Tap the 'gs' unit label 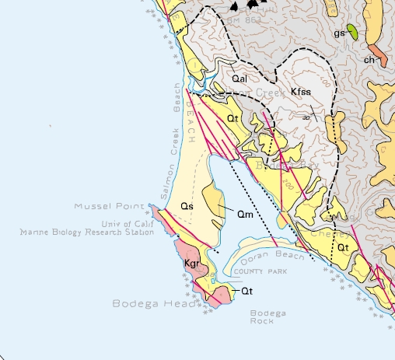[339, 33]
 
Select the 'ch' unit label [369, 60]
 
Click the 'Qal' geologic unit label [239, 79]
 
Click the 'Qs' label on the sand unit [186, 207]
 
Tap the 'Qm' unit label [244, 212]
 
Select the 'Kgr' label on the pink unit [192, 264]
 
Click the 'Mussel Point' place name [109, 207]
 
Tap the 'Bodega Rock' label [267, 316]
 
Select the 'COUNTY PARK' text [260, 271]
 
